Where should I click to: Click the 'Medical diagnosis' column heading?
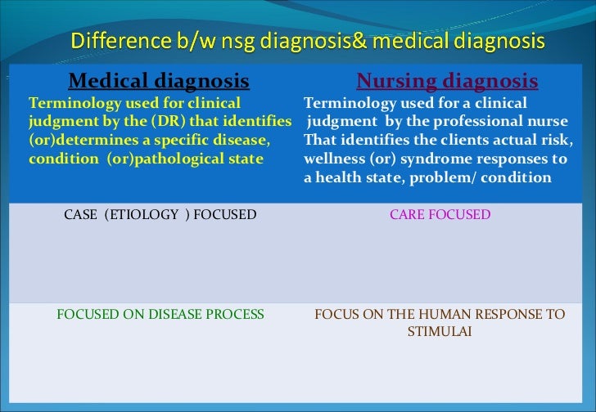coord(159,81)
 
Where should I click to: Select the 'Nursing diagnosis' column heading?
coord(447,81)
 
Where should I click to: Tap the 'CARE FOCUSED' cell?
coord(440,215)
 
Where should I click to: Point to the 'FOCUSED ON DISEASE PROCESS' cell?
coord(160,314)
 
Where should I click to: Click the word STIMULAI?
coord(440,333)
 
